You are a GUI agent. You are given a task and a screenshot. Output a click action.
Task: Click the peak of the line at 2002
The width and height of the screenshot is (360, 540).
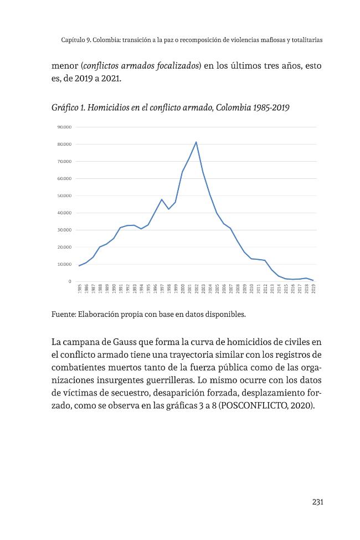[196, 142]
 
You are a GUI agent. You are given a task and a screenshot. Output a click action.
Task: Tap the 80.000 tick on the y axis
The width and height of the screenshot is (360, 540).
[64, 145]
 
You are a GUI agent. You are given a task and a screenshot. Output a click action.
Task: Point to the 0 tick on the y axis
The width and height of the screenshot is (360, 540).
[70, 281]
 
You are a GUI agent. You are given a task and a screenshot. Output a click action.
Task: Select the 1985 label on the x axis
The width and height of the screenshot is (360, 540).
[80, 289]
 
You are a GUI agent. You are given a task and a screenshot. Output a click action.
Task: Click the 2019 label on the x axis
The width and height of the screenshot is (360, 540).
[313, 289]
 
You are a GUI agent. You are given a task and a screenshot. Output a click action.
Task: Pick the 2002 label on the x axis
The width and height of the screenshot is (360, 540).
[197, 289]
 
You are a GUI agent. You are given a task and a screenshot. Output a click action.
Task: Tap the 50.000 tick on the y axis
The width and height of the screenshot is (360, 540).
[64, 196]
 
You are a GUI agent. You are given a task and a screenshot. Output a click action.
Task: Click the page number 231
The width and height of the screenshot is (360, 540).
[317, 502]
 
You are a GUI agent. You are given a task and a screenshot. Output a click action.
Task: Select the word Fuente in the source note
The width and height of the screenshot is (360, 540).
[63, 314]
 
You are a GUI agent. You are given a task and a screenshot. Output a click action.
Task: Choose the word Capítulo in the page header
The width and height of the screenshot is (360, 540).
[73, 40]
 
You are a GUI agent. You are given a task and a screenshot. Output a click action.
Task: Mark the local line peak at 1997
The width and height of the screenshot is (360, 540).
[162, 199]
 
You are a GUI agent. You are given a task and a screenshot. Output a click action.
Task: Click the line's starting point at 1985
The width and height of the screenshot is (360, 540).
[79, 265]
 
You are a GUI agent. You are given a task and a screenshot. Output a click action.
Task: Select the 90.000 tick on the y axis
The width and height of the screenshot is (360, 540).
[64, 127]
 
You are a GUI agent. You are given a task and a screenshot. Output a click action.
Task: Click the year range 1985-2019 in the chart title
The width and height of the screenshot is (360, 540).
[271, 107]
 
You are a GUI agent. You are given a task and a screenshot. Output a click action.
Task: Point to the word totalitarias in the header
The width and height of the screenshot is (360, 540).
[307, 40]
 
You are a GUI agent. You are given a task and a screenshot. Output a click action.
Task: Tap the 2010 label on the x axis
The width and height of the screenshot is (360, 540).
[251, 289]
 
